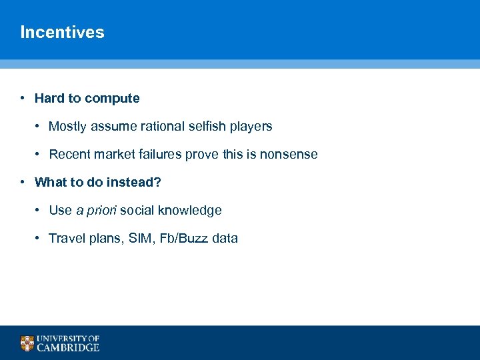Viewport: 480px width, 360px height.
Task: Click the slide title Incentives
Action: pyautogui.click(x=62, y=32)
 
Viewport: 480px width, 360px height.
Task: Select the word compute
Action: pyautogui.click(x=112, y=99)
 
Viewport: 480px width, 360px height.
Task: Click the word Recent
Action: pyautogui.click(x=69, y=155)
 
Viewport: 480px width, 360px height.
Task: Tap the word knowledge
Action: pyautogui.click(x=190, y=211)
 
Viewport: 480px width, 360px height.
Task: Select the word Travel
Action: pyautogui.click(x=66, y=239)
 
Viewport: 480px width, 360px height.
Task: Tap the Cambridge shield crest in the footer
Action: pyautogui.click(x=27, y=343)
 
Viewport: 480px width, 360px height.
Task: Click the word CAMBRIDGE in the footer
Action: pyautogui.click(x=68, y=347)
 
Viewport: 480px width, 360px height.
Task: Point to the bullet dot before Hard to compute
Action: pyautogui.click(x=23, y=99)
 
